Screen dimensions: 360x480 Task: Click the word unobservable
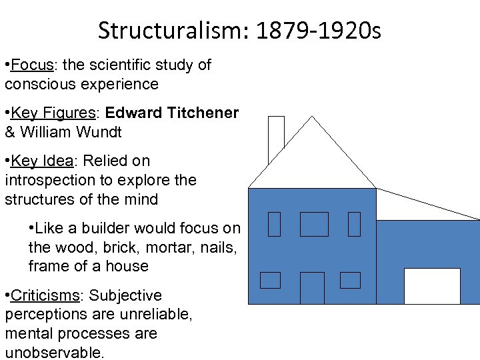[54, 353]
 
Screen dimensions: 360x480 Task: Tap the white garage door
[432, 286]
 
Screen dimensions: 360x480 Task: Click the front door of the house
[312, 288]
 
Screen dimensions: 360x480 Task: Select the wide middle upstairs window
[314, 224]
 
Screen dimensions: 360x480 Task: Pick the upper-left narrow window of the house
[274, 224]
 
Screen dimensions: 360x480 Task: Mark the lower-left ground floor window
[270, 280]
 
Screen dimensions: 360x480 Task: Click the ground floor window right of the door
[350, 280]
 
